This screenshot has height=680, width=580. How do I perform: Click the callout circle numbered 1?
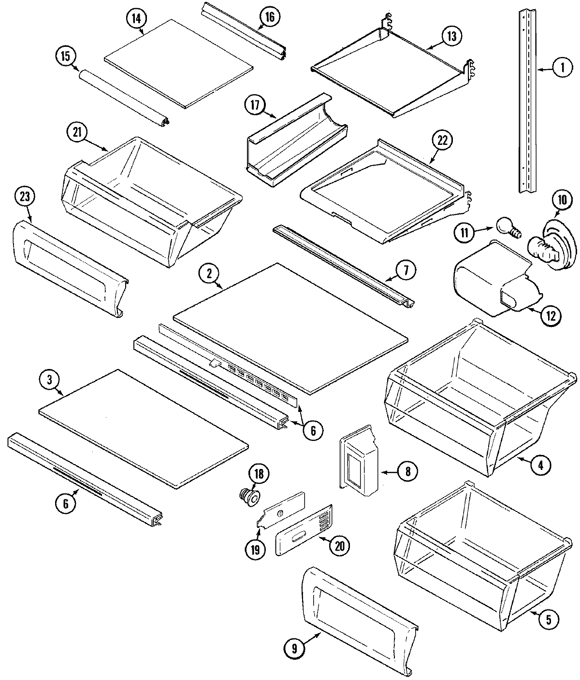click(560, 68)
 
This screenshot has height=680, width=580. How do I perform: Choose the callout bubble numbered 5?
click(549, 619)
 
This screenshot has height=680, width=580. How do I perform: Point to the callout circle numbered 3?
click(49, 380)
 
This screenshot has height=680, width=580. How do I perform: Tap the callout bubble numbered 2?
click(209, 274)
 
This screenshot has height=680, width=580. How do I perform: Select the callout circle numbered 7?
click(406, 271)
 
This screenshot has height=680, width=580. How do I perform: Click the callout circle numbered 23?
click(25, 198)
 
